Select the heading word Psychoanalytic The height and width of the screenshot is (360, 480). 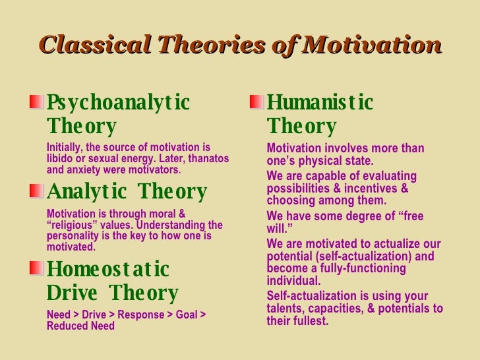119,104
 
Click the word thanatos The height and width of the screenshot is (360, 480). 206,158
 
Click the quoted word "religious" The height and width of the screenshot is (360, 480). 75,225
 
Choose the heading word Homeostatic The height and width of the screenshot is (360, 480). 109,270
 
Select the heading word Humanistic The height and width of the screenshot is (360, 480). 320,103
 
